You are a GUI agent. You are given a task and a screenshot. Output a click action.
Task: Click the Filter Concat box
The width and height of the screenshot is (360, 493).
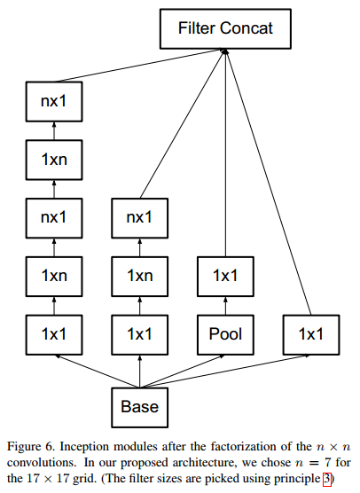[225, 28]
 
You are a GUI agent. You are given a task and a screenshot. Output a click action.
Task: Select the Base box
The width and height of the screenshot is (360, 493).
[140, 406]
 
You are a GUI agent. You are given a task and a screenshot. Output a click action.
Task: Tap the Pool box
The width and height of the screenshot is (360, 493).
[225, 334]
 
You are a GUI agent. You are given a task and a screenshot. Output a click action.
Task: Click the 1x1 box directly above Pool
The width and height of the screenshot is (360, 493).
[225, 275]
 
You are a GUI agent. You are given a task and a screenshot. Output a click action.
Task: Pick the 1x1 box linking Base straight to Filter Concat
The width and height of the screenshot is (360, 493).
[310, 334]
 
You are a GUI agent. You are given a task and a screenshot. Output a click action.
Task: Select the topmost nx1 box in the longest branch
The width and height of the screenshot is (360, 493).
[55, 101]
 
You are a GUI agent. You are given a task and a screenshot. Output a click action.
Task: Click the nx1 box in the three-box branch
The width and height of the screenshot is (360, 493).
[140, 216]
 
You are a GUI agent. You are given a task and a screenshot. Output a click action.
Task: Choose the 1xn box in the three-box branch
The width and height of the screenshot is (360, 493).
[140, 275]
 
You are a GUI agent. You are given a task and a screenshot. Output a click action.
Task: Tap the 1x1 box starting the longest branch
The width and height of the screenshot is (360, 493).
[55, 334]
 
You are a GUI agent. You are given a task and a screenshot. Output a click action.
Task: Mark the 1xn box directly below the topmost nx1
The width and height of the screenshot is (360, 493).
[55, 160]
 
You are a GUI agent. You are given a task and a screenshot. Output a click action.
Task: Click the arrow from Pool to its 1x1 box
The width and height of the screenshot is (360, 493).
[225, 305]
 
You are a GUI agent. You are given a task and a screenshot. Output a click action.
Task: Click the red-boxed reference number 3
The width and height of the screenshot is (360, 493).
[327, 480]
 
